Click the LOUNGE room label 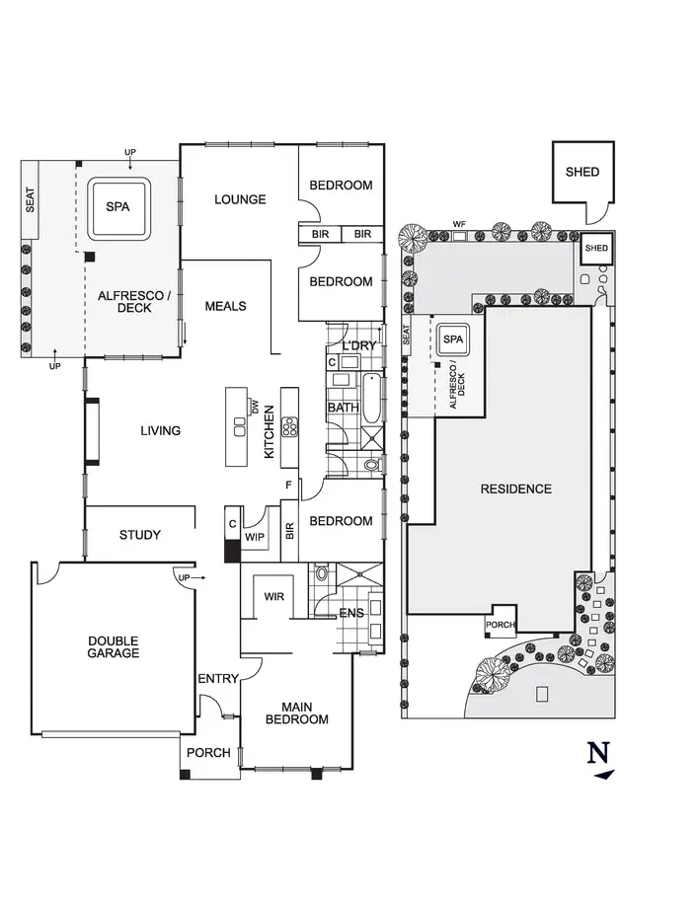point(241,199)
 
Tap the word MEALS point(225,306)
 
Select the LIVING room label point(160,431)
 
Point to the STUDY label point(139,535)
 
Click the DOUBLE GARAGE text point(113,646)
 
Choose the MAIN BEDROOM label point(296,713)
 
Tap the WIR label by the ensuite point(273,596)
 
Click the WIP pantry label point(255,537)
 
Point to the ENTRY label point(218,679)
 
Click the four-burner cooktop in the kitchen point(290,427)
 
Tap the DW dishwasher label point(254,406)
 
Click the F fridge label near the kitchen point(289,485)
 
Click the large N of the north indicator point(597,752)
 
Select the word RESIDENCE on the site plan point(515,489)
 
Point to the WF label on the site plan point(459,224)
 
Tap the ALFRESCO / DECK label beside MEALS point(124,301)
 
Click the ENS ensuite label point(350,613)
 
